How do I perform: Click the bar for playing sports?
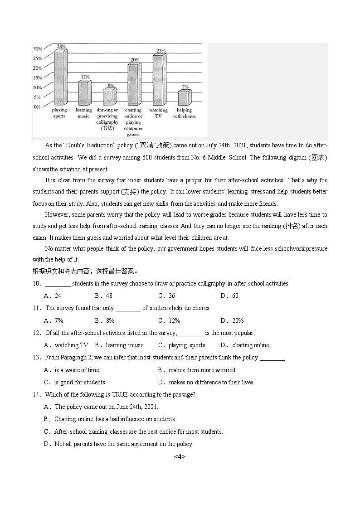[59, 78]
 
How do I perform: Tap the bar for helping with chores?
[184, 98]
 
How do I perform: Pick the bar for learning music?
[84, 93]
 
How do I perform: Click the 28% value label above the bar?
[61, 46]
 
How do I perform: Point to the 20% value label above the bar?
[135, 60]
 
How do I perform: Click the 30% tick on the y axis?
[37, 48]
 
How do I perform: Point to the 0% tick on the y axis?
[37, 107]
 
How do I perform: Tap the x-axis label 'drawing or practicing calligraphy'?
[107, 119]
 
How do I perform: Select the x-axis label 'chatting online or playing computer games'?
[133, 122]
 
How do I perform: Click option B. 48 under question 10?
[103, 296]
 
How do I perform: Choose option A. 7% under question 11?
[54, 320]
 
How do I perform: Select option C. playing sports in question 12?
[181, 345]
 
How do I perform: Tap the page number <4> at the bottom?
[180, 456]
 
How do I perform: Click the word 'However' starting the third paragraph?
[56, 215]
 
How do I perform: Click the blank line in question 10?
[58, 284]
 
